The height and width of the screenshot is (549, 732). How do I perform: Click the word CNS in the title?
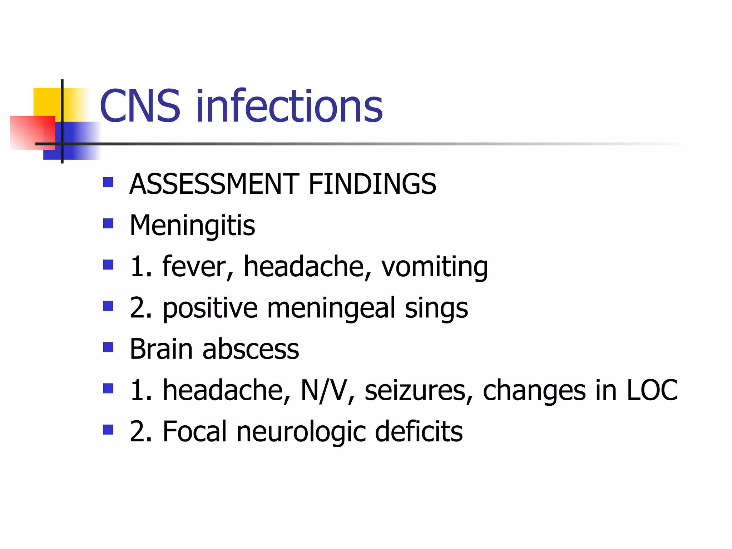[x=140, y=106]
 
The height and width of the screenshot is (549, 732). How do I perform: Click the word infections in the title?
[x=289, y=106]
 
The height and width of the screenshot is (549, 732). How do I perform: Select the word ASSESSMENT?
[x=214, y=184]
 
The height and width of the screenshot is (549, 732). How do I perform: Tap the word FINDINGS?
[x=372, y=184]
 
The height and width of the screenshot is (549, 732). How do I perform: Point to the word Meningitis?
[x=192, y=226]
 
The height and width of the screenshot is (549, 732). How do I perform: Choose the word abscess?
[x=251, y=349]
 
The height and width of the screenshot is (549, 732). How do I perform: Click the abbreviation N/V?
[x=324, y=390]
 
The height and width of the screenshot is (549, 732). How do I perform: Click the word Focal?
[x=195, y=431]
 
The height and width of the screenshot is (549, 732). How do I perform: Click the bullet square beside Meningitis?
[x=108, y=224]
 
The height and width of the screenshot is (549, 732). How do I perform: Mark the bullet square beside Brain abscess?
[x=108, y=347]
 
